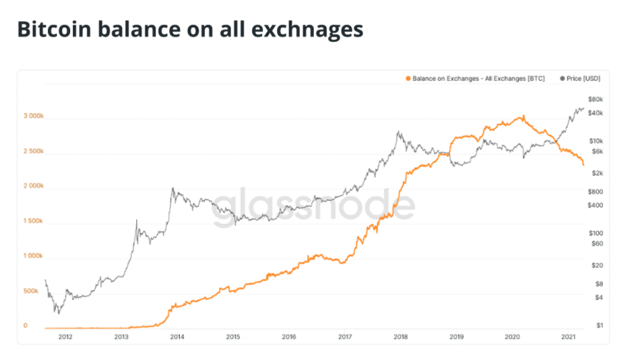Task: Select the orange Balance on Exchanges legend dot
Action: point(408,79)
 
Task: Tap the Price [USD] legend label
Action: point(583,79)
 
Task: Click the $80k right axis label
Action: point(595,99)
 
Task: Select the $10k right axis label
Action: point(595,141)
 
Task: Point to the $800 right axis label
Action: point(595,191)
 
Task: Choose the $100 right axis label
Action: point(595,233)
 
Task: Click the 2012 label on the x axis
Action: point(65,336)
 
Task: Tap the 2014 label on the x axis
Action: point(177,336)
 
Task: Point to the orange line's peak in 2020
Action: point(522,116)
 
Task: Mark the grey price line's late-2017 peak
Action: point(398,131)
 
